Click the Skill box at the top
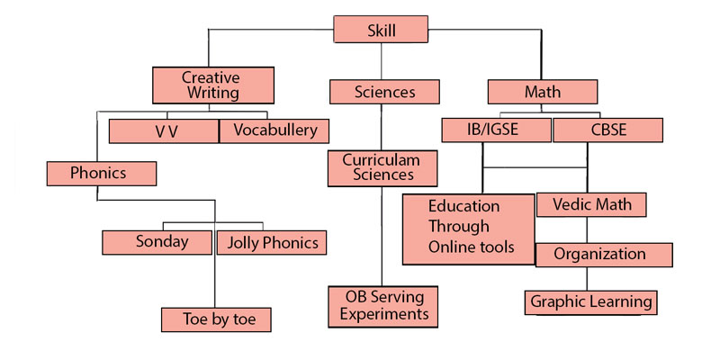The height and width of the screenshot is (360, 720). (381, 30)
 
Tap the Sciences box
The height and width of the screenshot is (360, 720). (384, 92)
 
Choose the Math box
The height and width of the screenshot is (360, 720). (543, 92)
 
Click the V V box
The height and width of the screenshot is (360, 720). (163, 131)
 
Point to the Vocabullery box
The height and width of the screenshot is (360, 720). (274, 131)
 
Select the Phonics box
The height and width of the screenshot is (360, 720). (99, 172)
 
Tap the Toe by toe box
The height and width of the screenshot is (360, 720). (214, 319)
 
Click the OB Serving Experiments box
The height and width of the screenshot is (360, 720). (382, 306)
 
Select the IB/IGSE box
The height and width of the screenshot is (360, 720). (496, 130)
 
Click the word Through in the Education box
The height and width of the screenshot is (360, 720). (459, 226)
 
